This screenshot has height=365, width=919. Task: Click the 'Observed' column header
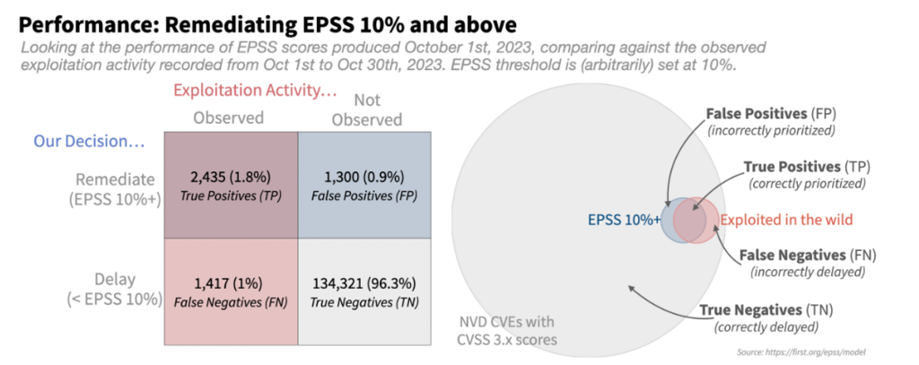coord(230,117)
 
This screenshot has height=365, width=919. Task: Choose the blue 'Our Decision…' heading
coord(89,142)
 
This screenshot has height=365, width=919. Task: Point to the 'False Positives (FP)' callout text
coord(770,122)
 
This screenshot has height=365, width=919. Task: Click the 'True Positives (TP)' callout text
coord(807,174)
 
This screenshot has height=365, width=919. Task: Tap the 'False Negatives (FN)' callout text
coord(802,263)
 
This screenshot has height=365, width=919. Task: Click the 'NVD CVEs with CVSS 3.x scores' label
coord(504,329)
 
